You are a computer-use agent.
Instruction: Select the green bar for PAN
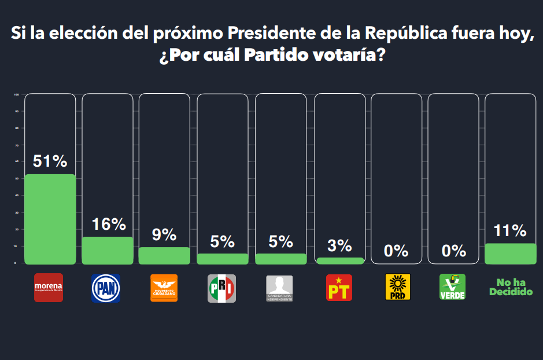click(107, 250)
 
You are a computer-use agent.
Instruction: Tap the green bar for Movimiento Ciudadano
click(164, 255)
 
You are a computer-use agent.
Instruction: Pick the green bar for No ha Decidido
click(510, 254)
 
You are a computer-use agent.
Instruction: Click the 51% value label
click(50, 162)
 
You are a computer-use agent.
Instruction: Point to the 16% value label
click(109, 225)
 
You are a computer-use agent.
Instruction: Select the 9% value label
click(164, 234)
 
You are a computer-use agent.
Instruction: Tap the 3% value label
click(339, 245)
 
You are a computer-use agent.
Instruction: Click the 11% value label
click(510, 231)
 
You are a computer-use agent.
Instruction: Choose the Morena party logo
click(49, 288)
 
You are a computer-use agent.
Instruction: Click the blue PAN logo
click(106, 288)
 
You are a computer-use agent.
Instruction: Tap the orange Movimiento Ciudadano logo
click(164, 288)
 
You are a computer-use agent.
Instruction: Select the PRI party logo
click(222, 288)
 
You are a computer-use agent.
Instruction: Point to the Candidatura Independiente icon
click(279, 288)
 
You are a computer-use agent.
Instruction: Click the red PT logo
click(339, 288)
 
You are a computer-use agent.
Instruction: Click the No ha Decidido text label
click(511, 287)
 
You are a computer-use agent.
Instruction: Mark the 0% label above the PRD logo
click(397, 251)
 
